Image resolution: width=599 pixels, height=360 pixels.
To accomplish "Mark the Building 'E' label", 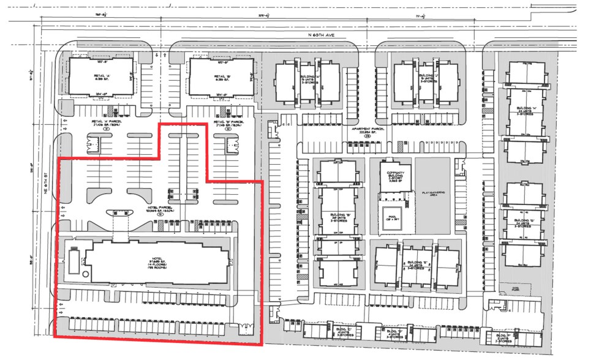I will [x=416, y=264].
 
